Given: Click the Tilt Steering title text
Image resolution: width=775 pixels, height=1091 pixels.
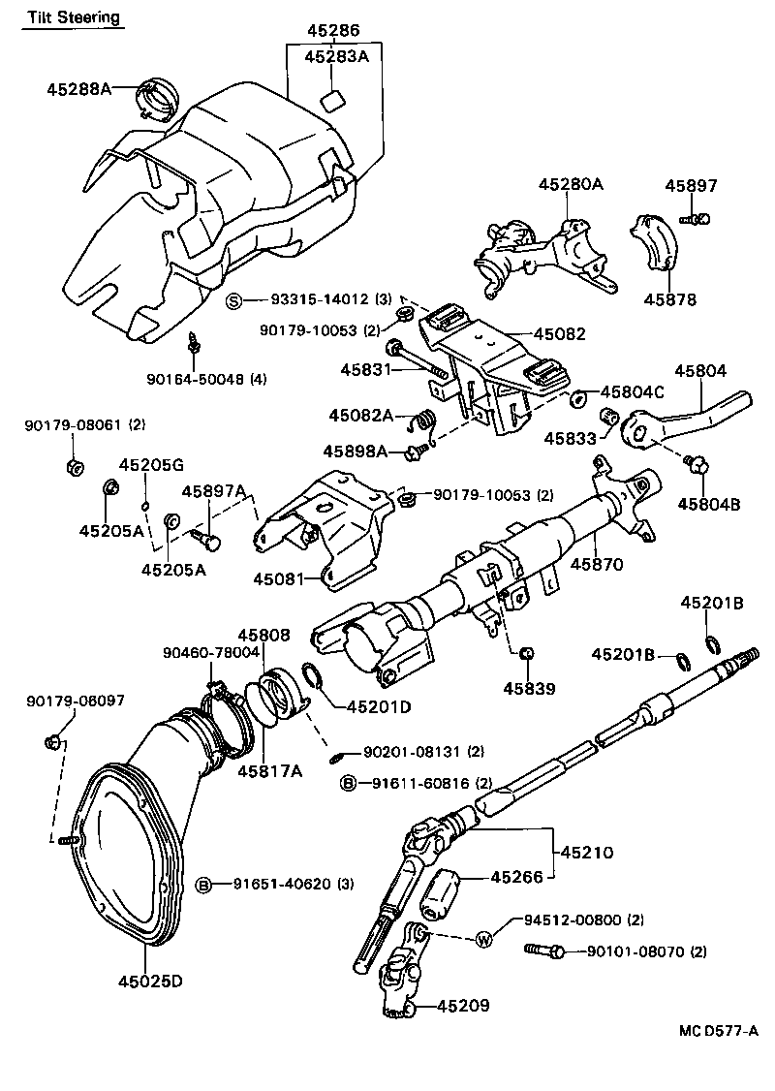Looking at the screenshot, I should click(74, 17).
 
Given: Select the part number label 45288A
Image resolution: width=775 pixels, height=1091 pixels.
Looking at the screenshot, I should click(78, 89).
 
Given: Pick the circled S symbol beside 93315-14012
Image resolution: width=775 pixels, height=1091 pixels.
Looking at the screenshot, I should click(233, 299).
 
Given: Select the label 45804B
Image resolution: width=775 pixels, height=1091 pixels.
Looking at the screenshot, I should click(708, 503).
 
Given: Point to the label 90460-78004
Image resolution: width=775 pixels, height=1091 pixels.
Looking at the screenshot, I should click(210, 652).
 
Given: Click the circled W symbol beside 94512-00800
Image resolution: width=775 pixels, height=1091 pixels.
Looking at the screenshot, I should click(484, 939).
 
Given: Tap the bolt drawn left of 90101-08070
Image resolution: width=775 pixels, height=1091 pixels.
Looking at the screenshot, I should click(544, 951).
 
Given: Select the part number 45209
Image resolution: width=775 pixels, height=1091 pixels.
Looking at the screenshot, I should click(462, 1006).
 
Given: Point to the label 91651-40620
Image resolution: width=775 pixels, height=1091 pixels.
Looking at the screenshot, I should click(286, 884).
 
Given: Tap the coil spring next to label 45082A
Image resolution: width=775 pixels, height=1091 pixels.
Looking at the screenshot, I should click(422, 421).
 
